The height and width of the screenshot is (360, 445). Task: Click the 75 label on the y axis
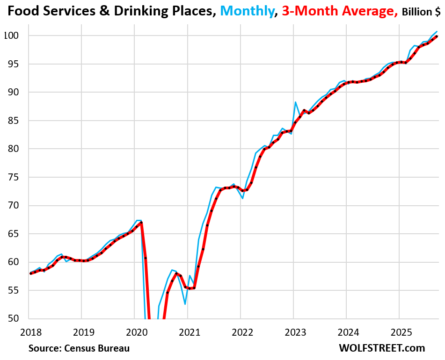tap(13, 177)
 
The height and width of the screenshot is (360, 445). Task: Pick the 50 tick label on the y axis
tap(13, 319)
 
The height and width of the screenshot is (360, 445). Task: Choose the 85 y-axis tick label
tap(13, 121)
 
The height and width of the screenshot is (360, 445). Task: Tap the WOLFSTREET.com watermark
tap(381, 348)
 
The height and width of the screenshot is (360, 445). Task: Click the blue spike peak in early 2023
tap(296, 102)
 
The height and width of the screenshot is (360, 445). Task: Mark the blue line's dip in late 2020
tap(185, 304)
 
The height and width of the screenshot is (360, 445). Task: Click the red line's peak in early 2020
tap(141, 223)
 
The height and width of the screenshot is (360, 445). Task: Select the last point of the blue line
tap(437, 31)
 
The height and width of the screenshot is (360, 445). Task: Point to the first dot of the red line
tap(31, 273)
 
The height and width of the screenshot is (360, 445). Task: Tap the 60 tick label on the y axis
tap(13, 262)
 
